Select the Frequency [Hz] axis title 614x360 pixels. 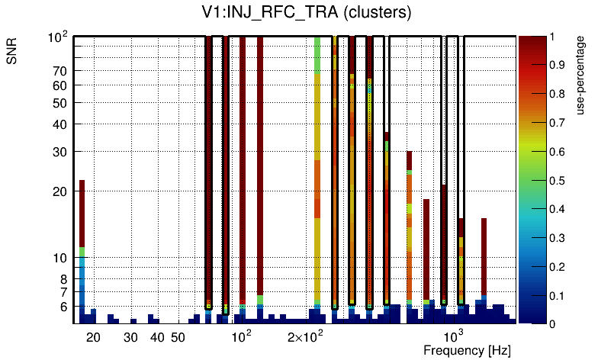(x=466, y=351)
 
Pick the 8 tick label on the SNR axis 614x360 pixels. (x=63, y=279)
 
